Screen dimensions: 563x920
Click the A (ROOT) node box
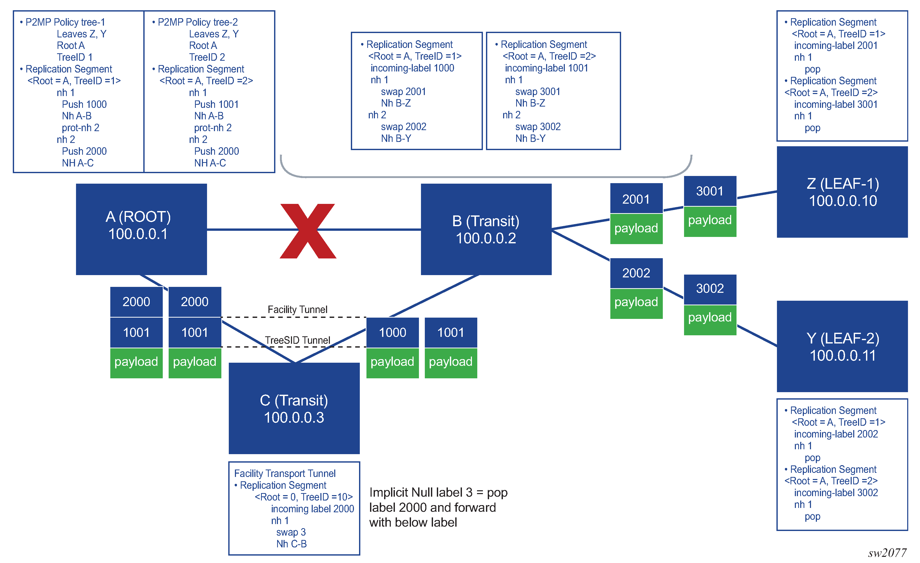pos(141,229)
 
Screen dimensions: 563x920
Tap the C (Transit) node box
pos(294,408)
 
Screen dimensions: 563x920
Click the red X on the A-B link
pos(308,231)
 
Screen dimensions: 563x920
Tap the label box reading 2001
pos(636,199)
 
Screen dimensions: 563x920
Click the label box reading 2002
pos(636,273)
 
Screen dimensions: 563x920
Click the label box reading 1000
pos(392,332)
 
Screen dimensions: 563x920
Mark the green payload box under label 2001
pos(636,228)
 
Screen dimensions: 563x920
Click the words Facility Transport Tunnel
pos(285,473)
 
